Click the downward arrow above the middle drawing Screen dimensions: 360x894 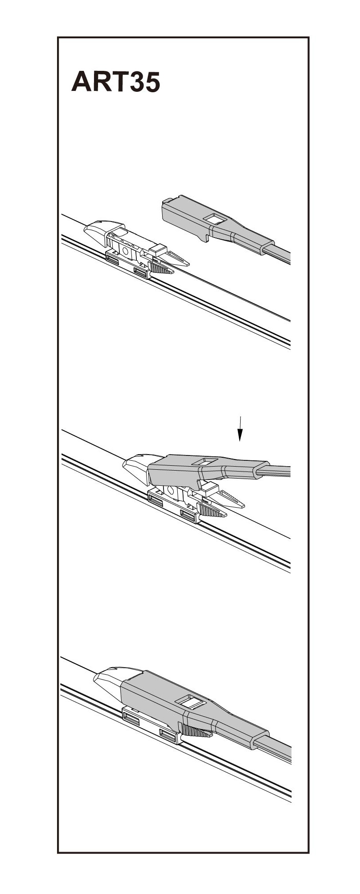point(240,428)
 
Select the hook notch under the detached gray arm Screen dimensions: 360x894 point(205,237)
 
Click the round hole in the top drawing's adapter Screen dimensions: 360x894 point(125,251)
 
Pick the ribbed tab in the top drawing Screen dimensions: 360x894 point(160,267)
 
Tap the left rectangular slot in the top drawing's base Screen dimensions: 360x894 point(113,258)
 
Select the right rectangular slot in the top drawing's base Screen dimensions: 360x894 point(141,272)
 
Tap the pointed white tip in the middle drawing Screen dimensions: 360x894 point(230,499)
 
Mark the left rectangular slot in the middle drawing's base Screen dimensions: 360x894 point(155,500)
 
